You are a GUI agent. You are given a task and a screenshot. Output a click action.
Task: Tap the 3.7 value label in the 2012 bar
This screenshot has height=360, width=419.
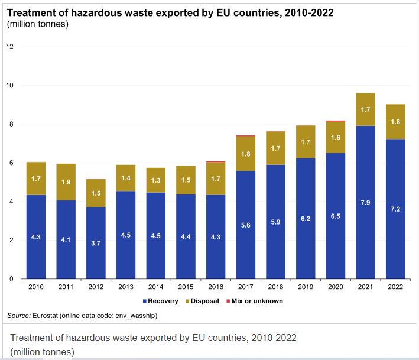(x=96, y=243)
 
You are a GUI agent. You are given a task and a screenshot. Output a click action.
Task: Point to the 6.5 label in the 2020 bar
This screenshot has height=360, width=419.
(x=336, y=216)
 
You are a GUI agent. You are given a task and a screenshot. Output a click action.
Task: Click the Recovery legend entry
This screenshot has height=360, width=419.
(x=163, y=301)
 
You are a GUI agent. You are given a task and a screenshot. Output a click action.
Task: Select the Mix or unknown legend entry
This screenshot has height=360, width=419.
(x=257, y=301)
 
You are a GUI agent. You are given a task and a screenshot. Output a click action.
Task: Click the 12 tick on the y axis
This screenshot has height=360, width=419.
(x=10, y=47)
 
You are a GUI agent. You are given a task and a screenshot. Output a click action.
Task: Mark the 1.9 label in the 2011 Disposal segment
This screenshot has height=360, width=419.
(x=66, y=182)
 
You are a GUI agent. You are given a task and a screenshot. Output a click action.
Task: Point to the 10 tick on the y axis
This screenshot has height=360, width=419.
(x=10, y=86)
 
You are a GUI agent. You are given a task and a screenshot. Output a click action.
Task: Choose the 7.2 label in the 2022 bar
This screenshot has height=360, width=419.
(x=395, y=209)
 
